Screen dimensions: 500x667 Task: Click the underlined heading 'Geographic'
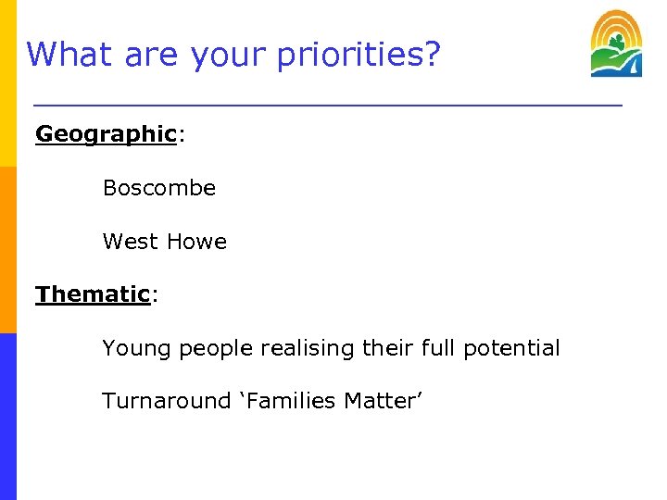(x=106, y=134)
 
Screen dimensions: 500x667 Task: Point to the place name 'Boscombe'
(x=158, y=188)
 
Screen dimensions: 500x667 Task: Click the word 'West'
(x=130, y=242)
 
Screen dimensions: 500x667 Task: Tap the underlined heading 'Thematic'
(x=93, y=294)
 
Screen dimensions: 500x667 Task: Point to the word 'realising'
(x=305, y=349)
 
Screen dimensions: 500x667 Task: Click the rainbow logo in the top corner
(x=616, y=44)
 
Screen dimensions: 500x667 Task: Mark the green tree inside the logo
(x=613, y=45)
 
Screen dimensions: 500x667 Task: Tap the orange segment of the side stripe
(x=8, y=250)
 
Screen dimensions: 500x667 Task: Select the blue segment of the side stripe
(x=8, y=417)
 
